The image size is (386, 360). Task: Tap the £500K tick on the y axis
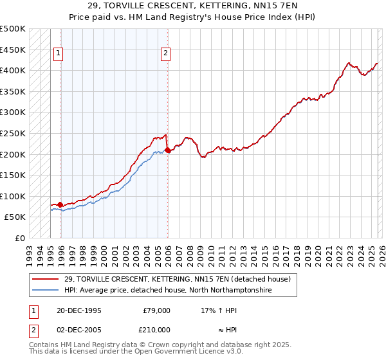coord(13,29)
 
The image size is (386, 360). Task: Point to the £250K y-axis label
coord(13,133)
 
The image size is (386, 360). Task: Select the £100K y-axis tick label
coord(13,196)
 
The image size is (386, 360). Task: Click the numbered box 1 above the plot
coord(59,54)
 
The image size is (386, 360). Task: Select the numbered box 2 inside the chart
coord(165,54)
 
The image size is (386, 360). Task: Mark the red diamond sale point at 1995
coord(60,204)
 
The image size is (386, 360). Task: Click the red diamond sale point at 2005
coord(167,150)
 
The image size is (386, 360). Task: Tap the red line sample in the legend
coord(46,280)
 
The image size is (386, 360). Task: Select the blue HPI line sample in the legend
coord(46,291)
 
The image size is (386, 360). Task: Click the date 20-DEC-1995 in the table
coord(79,310)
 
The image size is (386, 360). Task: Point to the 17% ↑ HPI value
coord(219,310)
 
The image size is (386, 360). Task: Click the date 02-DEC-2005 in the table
coord(79,329)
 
